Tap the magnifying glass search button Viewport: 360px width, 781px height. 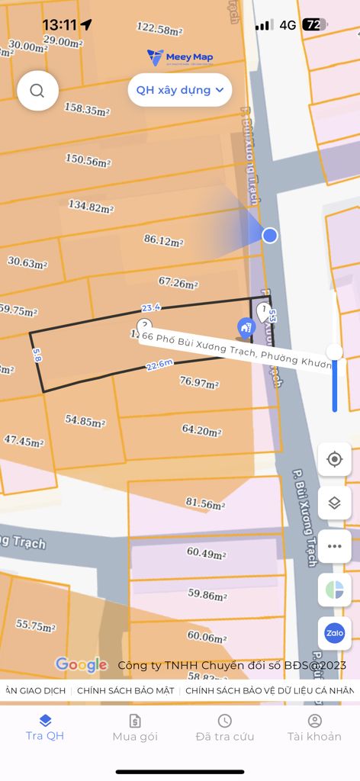click(x=37, y=91)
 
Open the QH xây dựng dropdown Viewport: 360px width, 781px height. click(x=180, y=90)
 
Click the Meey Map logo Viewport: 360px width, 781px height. click(x=180, y=57)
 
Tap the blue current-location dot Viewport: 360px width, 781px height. click(x=269, y=235)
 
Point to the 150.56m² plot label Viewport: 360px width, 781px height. click(x=88, y=161)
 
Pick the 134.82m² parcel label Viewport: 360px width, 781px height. click(x=91, y=207)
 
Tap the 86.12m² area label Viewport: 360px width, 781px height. click(x=164, y=240)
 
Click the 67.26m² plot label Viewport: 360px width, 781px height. click(x=178, y=283)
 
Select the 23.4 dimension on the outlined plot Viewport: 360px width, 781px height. click(x=150, y=307)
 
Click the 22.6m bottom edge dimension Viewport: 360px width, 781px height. click(x=158, y=366)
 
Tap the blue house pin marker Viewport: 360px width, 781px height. click(x=246, y=328)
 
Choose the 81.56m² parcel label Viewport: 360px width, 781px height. click(x=205, y=503)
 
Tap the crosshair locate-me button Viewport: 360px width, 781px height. click(x=334, y=459)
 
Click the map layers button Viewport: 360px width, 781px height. click(x=334, y=503)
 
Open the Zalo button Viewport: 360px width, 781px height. click(x=334, y=632)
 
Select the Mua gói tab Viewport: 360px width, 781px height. click(x=135, y=728)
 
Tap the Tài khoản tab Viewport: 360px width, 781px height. click(x=314, y=728)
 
